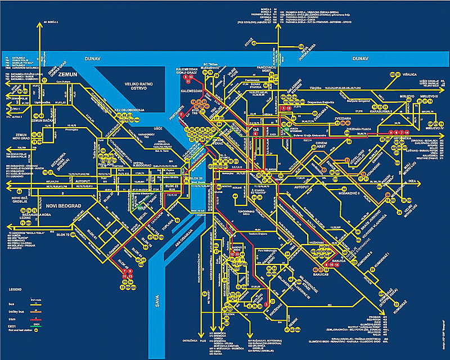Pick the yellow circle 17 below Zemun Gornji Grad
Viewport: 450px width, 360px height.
(43, 80)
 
